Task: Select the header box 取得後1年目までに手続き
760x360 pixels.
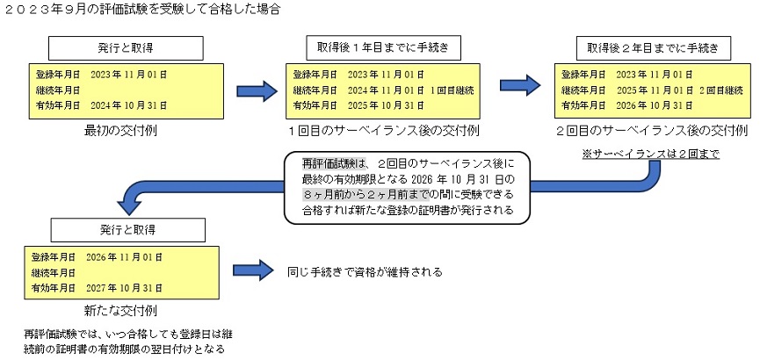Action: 385,47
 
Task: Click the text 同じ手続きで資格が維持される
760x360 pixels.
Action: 364,272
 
